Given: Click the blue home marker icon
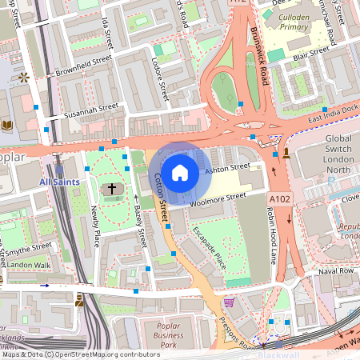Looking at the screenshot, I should pos(180,172).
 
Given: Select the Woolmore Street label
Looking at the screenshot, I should pos(218,200).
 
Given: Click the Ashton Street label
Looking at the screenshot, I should pos(227,169).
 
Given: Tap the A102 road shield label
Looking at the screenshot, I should pos(280,198).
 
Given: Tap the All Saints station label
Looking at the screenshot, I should pos(60,183).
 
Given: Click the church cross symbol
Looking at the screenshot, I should pos(112,190).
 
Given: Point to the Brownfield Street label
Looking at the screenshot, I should pos(83,66).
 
